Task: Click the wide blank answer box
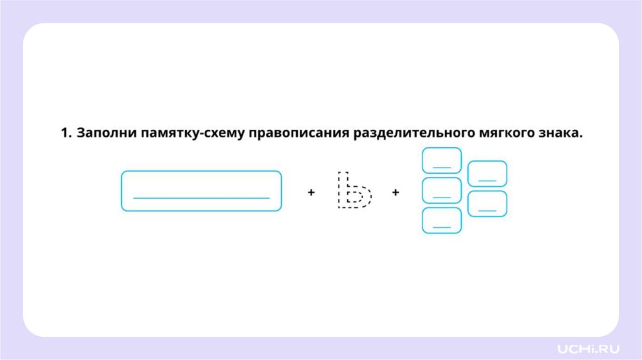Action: (201, 191)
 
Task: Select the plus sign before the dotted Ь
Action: (311, 193)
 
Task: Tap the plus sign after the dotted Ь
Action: (396, 193)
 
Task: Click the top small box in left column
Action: (442, 160)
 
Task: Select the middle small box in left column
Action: (442, 190)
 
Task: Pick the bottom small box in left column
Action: (442, 220)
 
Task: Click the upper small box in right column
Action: (487, 174)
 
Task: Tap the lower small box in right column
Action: (487, 204)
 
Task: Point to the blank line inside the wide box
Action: (201, 198)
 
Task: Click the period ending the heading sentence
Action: (581, 137)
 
